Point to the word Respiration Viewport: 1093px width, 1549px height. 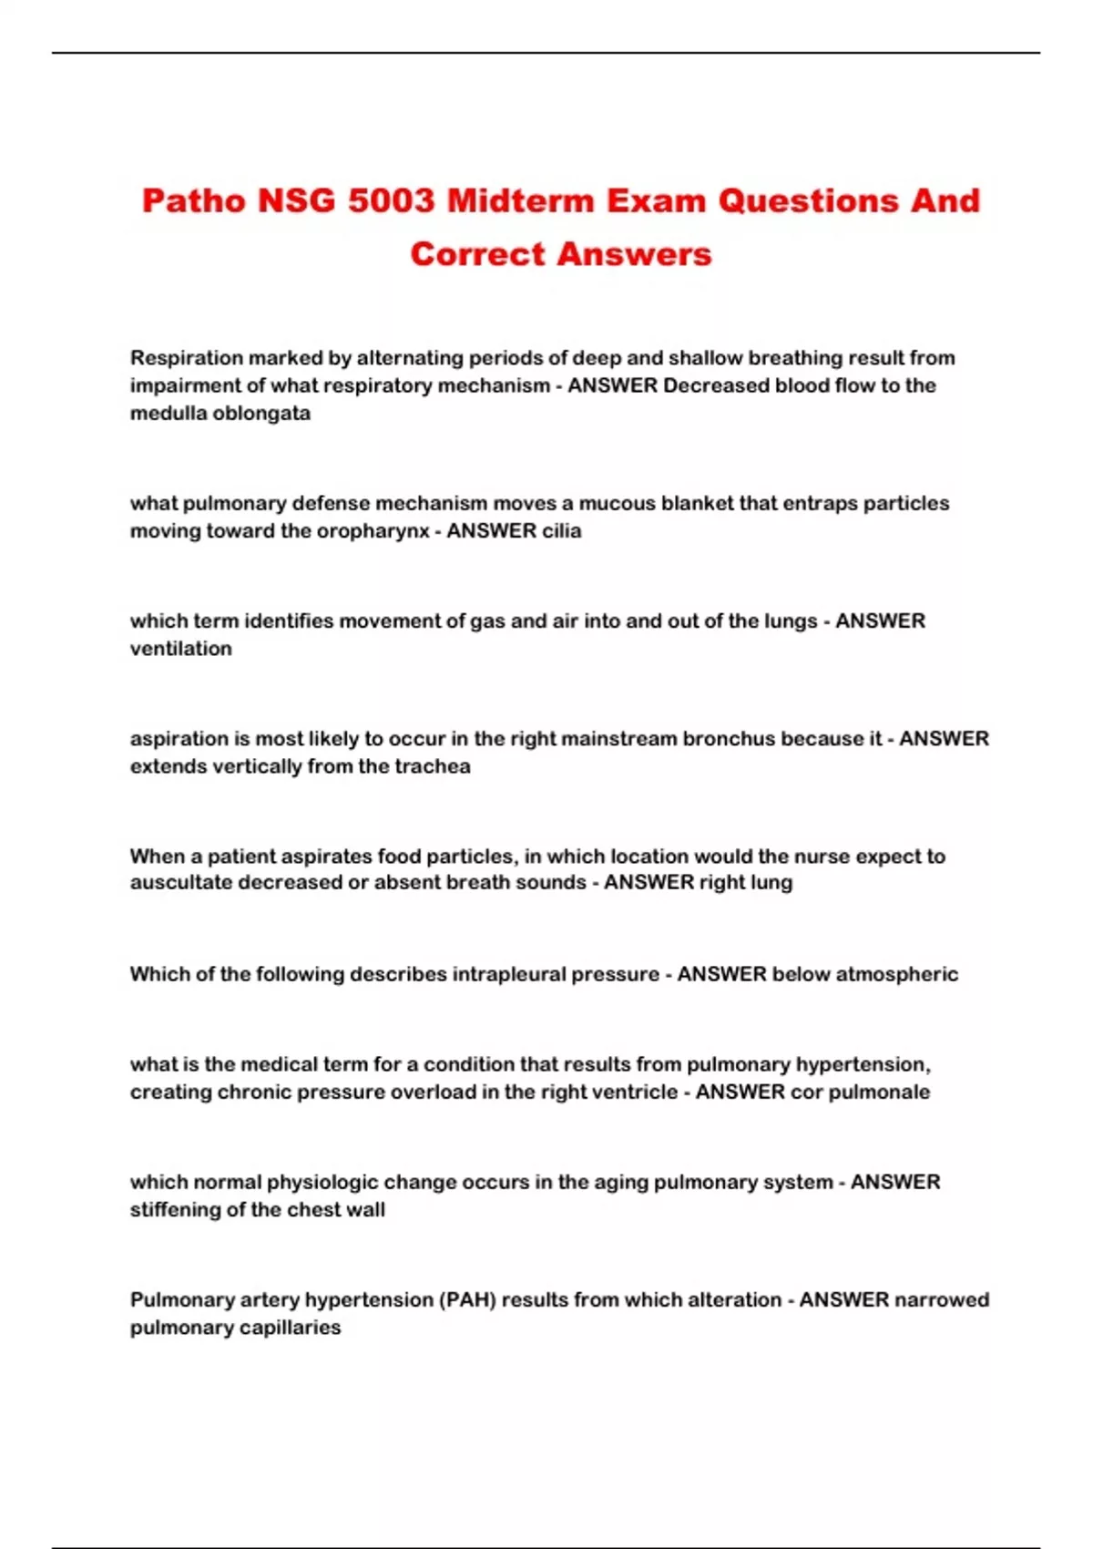point(187,358)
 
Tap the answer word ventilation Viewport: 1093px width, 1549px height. point(181,649)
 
